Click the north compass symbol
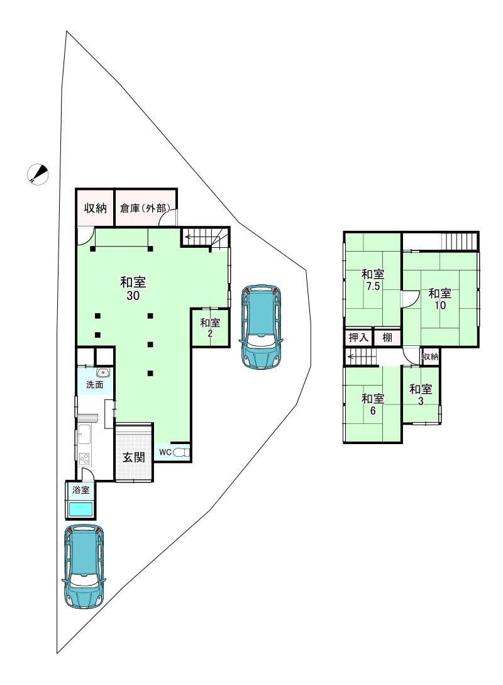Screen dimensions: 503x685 (38, 174)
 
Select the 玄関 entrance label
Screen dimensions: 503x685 (133, 457)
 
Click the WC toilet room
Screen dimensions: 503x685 (172, 452)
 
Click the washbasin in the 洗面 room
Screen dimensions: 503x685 (103, 372)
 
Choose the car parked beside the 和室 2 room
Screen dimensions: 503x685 (261, 328)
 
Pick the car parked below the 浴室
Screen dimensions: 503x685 (84, 567)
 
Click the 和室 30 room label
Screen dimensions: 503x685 (133, 289)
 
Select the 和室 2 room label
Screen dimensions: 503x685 (210, 328)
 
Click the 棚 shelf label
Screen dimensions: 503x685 (387, 337)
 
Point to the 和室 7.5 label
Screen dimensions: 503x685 (373, 280)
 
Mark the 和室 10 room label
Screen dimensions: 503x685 (439, 299)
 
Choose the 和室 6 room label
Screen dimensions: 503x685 (373, 404)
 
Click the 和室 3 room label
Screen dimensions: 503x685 (421, 394)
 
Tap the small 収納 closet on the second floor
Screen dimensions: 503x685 (430, 356)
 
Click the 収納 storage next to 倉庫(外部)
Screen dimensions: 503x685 (95, 208)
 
